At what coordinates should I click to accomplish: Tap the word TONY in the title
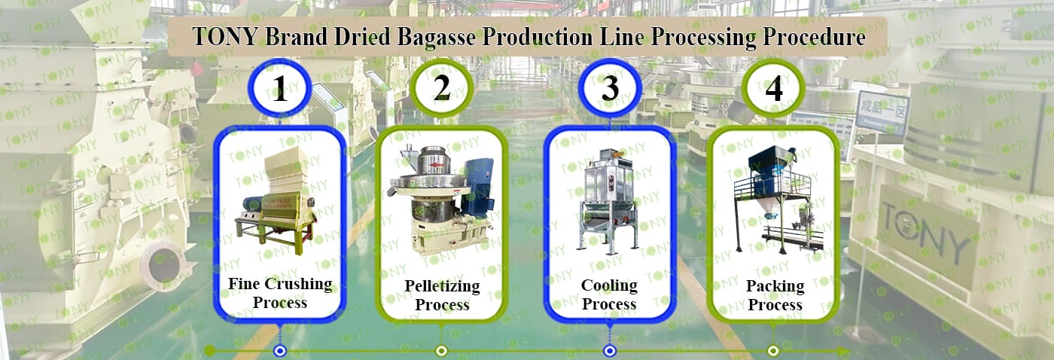click(225, 37)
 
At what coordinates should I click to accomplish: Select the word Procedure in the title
click(814, 37)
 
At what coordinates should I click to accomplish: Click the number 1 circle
click(280, 88)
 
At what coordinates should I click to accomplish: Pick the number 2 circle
click(441, 88)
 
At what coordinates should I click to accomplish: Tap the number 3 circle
click(610, 88)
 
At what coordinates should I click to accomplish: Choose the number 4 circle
click(774, 88)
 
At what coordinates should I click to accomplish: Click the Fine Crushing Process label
click(280, 293)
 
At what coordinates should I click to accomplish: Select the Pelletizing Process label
click(443, 295)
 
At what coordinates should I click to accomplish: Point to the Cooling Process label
click(609, 294)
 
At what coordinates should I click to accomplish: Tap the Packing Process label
click(775, 295)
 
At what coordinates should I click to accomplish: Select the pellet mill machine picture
click(440, 200)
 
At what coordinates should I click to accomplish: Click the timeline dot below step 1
click(280, 351)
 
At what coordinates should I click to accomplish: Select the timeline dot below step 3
click(610, 351)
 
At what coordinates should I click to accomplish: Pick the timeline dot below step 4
click(773, 351)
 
